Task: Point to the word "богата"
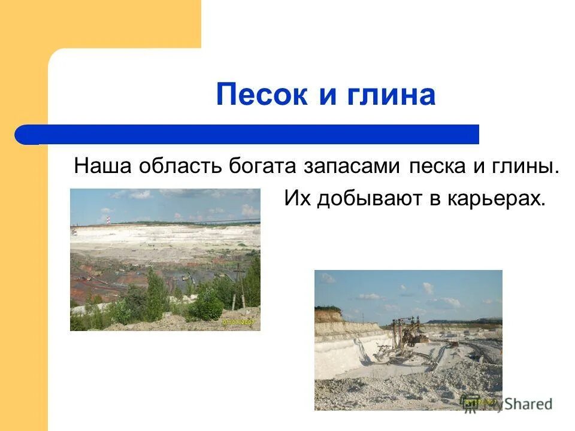tap(264, 166)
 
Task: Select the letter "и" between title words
tap(327, 96)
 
